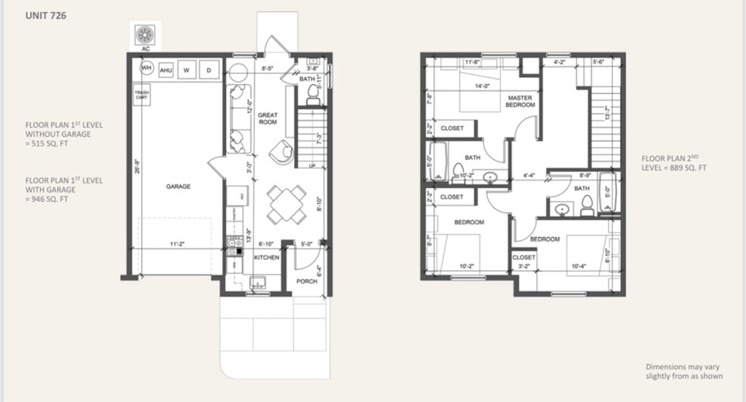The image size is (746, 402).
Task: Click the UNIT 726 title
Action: pyautogui.click(x=45, y=14)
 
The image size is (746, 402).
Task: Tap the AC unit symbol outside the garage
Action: pyautogui.click(x=145, y=35)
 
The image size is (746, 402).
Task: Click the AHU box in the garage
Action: pyautogui.click(x=166, y=71)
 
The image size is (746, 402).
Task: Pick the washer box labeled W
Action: pyautogui.click(x=186, y=71)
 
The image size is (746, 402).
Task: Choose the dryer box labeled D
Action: pyautogui.click(x=208, y=71)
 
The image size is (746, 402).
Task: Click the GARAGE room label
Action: pyautogui.click(x=179, y=186)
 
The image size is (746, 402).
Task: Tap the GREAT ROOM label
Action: pyautogui.click(x=268, y=118)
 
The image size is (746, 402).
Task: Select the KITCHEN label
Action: pyautogui.click(x=266, y=258)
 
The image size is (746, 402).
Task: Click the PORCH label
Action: pyautogui.click(x=306, y=281)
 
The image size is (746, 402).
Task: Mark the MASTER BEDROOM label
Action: pyautogui.click(x=521, y=101)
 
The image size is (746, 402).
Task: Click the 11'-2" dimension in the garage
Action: pyautogui.click(x=177, y=244)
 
